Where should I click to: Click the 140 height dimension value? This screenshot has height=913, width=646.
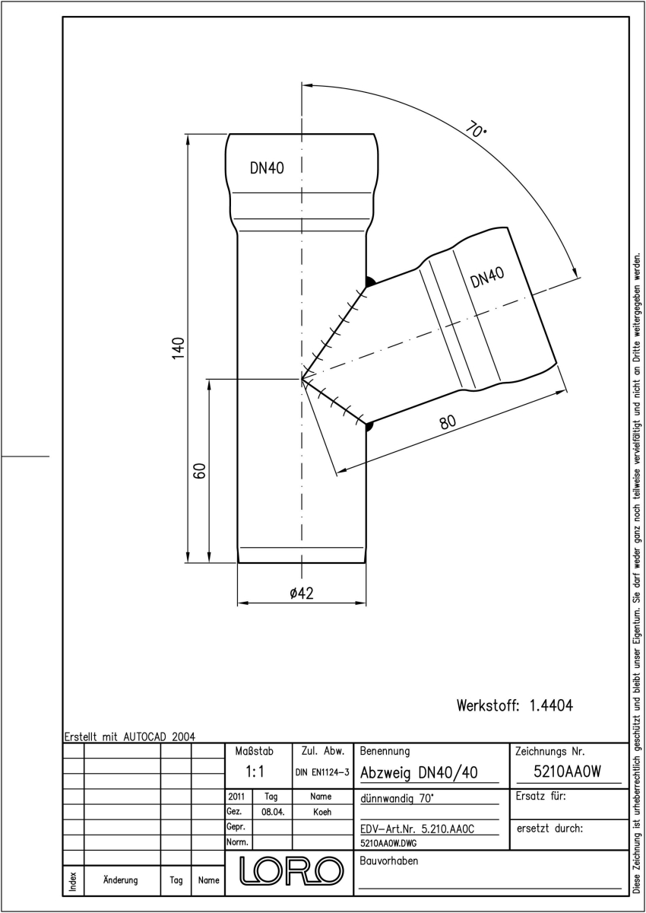(179, 348)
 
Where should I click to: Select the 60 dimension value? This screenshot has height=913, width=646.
(199, 470)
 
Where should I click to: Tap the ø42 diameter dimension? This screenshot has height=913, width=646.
(302, 593)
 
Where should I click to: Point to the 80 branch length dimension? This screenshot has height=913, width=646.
(448, 422)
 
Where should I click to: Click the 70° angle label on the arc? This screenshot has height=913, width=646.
(476, 129)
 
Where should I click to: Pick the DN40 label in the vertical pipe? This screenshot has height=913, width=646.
(267, 168)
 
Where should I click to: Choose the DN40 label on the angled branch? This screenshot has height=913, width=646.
(487, 277)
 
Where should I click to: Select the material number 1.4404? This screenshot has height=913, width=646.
(551, 705)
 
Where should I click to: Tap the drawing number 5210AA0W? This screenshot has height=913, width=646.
(567, 771)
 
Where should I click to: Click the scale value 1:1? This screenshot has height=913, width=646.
(255, 771)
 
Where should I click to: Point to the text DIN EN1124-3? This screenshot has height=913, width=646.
(322, 772)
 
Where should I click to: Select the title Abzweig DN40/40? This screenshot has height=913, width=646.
(419, 773)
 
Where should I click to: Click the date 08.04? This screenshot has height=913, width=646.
(273, 813)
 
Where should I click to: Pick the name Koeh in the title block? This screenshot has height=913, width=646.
(322, 812)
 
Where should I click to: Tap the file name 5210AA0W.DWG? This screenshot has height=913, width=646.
(388, 843)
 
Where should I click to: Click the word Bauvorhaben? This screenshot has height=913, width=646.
(388, 861)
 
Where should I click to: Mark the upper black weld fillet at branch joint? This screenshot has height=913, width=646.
(370, 282)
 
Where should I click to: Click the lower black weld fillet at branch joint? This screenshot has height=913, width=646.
(369, 427)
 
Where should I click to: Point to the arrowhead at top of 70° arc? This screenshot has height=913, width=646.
(309, 85)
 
